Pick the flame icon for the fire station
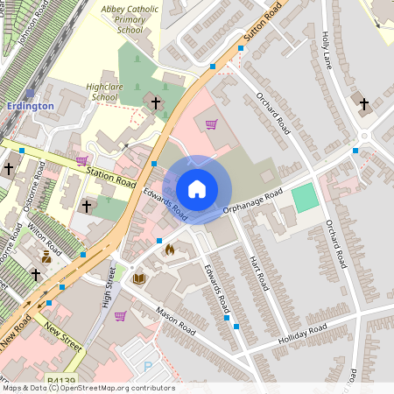tap(169, 250)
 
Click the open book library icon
tap(138, 278)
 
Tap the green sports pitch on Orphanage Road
tap(305, 197)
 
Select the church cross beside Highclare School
tap(157, 102)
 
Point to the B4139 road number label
tap(62, 383)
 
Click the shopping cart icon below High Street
tap(120, 316)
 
